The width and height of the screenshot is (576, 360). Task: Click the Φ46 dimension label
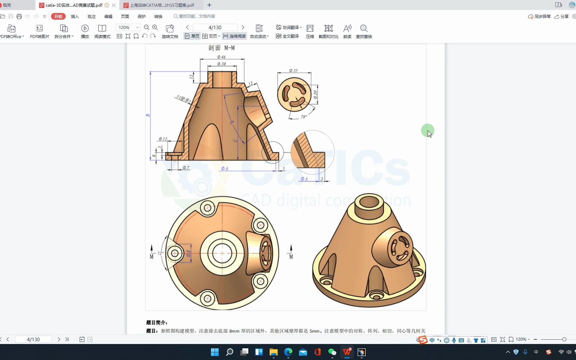click(221, 57)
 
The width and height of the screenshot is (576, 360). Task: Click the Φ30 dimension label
click(221, 64)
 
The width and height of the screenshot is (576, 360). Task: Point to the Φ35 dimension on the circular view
click(293, 71)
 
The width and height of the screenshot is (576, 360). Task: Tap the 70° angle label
click(304, 117)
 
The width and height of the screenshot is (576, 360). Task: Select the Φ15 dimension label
click(163, 139)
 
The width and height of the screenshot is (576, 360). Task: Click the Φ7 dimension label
click(186, 168)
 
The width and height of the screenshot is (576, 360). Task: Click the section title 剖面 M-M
click(221, 48)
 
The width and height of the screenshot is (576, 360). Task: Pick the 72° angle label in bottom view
click(160, 253)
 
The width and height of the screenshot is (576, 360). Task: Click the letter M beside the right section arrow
click(291, 257)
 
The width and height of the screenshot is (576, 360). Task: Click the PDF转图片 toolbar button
click(39, 32)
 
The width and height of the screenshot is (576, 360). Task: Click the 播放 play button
click(85, 32)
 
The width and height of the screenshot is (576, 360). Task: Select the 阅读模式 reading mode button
click(102, 32)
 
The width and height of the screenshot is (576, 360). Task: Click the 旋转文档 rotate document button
click(170, 32)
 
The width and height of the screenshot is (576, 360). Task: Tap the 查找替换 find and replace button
click(364, 32)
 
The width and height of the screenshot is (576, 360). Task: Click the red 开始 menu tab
click(58, 16)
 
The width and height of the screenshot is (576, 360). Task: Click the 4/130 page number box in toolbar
click(215, 27)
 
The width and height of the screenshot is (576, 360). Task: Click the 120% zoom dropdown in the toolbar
click(128, 27)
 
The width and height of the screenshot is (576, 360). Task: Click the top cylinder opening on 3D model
click(369, 202)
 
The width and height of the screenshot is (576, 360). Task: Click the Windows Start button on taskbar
click(215, 352)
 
